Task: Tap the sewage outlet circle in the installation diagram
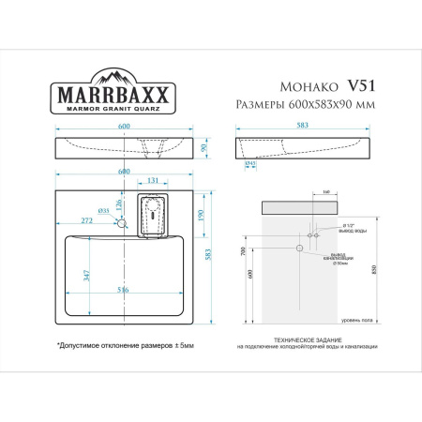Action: point(298,249)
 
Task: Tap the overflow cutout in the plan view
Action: point(152,212)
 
